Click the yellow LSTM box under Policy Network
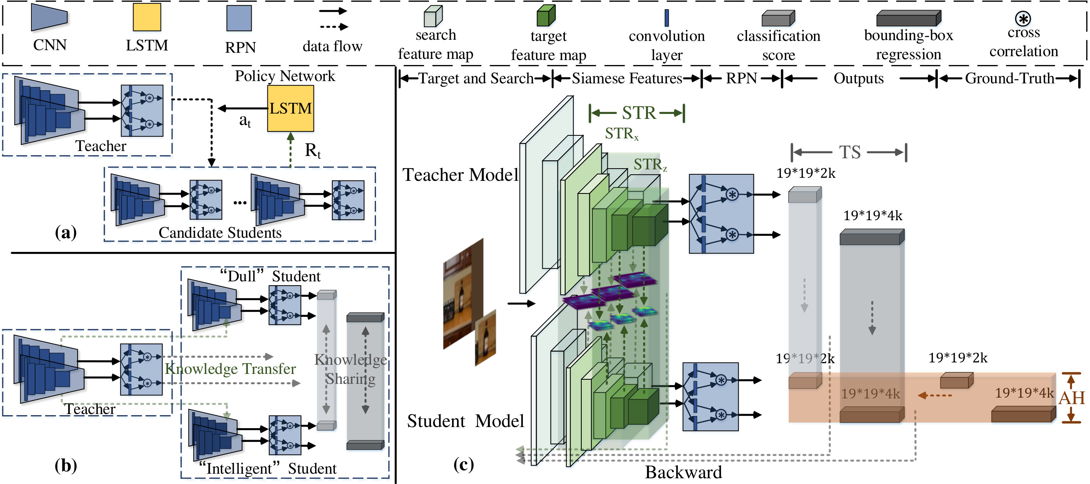(291, 108)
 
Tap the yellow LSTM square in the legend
(147, 17)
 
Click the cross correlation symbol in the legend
(1023, 18)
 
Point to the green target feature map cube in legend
(546, 16)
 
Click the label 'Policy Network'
(285, 76)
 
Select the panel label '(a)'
(65, 232)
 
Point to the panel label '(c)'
(463, 465)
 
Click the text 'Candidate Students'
(220, 233)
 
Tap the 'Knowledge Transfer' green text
(230, 369)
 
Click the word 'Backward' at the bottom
(683, 472)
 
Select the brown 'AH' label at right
(1072, 398)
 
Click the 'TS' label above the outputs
(850, 152)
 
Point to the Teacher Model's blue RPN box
(721, 214)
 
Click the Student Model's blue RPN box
(711, 397)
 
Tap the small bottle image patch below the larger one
(485, 338)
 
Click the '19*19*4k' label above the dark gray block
(872, 216)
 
